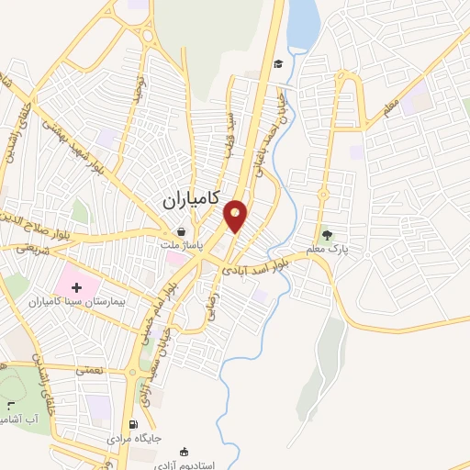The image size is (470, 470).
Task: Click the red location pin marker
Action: click(x=236, y=215)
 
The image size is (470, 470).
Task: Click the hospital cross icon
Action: click(x=77, y=288)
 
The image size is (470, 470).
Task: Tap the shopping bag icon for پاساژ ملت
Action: click(x=183, y=233)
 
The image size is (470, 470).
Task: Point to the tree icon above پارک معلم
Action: click(x=328, y=236)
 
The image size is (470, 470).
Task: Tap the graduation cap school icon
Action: click(x=277, y=63)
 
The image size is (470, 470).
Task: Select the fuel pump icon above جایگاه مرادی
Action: click(x=135, y=425)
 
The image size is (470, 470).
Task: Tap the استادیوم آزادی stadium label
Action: click(x=188, y=464)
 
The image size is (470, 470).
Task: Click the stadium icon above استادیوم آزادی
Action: click(x=184, y=451)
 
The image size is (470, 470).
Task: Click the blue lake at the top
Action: click(x=302, y=25)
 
